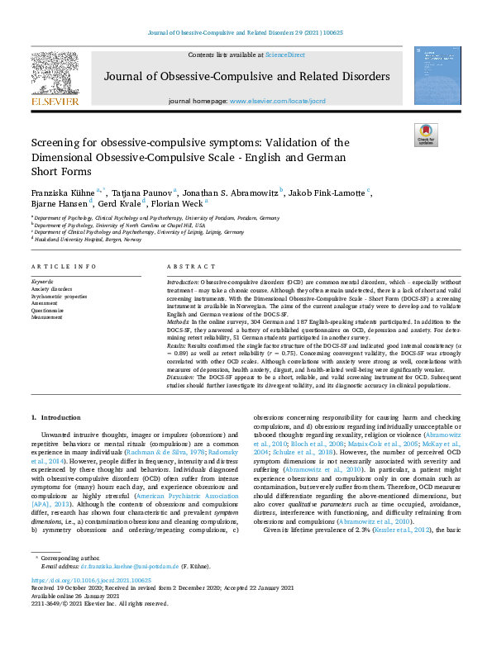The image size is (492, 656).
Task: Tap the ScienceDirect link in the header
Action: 284,55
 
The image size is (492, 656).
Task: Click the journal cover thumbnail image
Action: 437,76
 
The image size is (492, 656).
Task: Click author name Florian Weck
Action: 182,204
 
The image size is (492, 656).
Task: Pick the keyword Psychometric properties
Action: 59,296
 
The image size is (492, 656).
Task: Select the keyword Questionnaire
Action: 50,309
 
